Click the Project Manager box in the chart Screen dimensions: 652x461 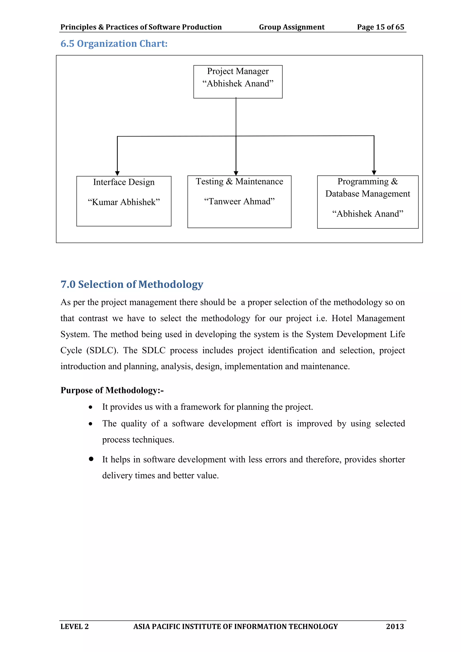coord(238,82)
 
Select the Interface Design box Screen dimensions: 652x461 coord(124,201)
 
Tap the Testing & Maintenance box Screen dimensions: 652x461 coord(239,202)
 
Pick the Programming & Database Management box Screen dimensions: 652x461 coord(368,202)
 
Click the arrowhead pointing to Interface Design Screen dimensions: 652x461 coord(117,173)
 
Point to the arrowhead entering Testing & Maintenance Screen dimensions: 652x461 coord(236,173)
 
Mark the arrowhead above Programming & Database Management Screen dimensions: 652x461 coord(374,173)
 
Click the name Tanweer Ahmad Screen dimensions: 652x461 coord(239,201)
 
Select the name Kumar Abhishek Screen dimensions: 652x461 coord(124,202)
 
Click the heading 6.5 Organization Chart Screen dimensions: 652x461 coord(114,44)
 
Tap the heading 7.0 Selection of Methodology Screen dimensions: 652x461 coord(132,284)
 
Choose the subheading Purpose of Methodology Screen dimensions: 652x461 coord(112,390)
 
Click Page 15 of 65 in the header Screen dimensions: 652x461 coord(380,27)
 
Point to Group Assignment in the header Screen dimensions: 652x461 coord(292,27)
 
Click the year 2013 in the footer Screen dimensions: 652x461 coord(395,626)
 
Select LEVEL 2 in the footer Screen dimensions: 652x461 coord(74,626)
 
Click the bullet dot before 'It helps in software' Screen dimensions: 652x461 coord(91,459)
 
